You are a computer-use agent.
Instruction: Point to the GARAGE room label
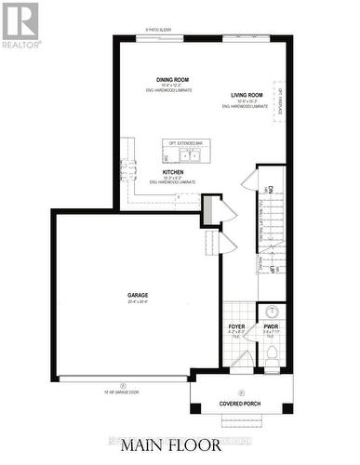(x=139, y=295)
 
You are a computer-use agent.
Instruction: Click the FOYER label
(x=237, y=327)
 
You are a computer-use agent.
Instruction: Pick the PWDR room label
(x=271, y=327)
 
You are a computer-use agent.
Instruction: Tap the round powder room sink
(x=273, y=312)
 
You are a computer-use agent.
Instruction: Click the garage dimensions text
(x=139, y=302)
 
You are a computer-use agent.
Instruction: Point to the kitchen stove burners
(x=127, y=171)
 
